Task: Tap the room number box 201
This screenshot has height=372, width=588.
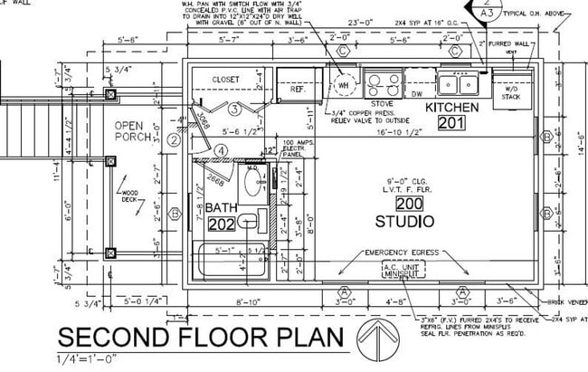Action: click(x=450, y=123)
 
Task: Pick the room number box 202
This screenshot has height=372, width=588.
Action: click(x=222, y=223)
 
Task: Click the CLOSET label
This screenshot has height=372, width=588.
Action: click(x=226, y=80)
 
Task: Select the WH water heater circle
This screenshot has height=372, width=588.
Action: click(x=344, y=85)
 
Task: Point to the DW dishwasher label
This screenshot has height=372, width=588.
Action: click(x=417, y=93)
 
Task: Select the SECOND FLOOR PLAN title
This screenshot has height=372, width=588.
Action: click(x=202, y=339)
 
